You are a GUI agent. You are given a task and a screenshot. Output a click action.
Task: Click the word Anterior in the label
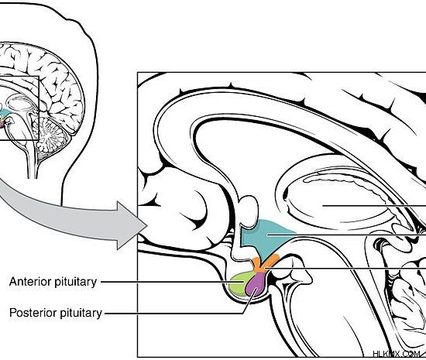point(30,282)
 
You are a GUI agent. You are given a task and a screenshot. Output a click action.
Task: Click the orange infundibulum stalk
point(263,263)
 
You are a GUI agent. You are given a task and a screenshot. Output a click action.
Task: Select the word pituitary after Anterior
point(76,283)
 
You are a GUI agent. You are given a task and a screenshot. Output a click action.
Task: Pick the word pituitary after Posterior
point(81,313)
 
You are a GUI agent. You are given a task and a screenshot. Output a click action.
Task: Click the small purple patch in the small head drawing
point(2,124)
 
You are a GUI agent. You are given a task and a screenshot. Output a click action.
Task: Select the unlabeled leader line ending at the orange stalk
point(345,269)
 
